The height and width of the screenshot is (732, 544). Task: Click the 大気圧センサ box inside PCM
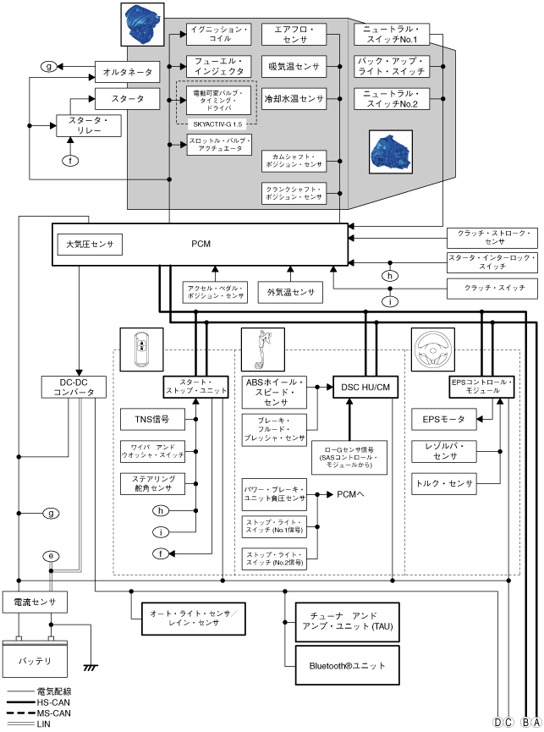coord(89,245)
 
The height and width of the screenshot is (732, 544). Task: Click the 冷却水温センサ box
coord(294,98)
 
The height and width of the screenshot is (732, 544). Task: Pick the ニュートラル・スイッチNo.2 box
coord(393,98)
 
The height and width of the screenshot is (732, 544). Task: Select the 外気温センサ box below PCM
coord(290,293)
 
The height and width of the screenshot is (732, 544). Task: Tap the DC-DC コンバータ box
coord(77,387)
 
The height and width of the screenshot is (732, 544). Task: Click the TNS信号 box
coord(152,419)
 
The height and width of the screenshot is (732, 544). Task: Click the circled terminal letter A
coord(536,722)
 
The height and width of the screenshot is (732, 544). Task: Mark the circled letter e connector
coord(51,556)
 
